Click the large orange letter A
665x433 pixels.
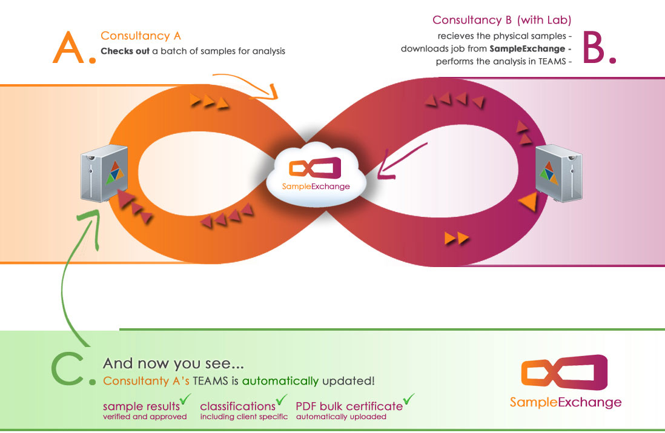pos(68,47)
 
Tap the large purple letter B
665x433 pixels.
pos(594,47)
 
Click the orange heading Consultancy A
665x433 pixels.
pos(141,36)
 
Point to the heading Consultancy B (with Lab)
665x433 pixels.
pos(501,20)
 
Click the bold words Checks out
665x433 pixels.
pos(125,51)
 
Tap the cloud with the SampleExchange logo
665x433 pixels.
pos(316,175)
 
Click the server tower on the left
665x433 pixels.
pos(104,173)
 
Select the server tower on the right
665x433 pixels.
pos(558,173)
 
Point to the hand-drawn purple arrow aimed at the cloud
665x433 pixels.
pos(401,161)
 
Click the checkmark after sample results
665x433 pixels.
pos(185,399)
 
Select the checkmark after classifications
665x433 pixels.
pos(282,399)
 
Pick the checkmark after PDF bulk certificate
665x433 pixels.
pos(409,399)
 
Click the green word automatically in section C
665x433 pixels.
pos(280,382)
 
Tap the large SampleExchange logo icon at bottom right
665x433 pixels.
pos(564,372)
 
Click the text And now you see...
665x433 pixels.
pos(173,363)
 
